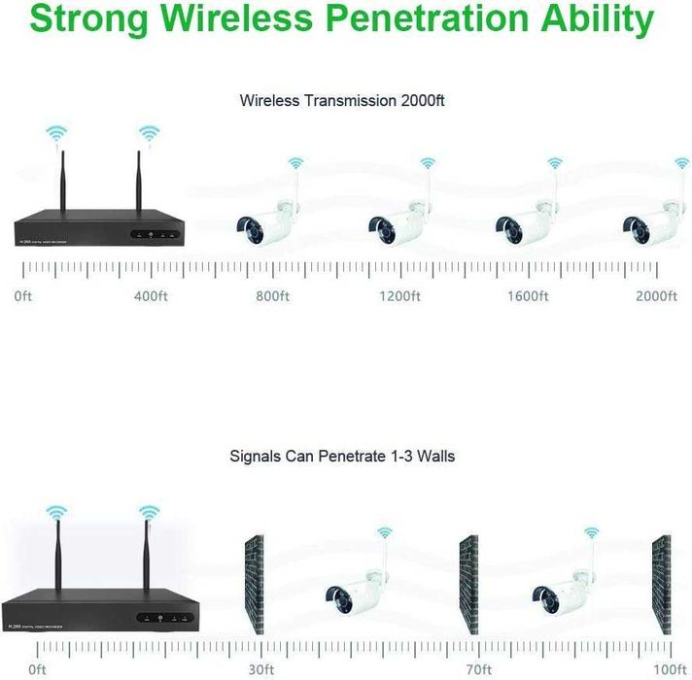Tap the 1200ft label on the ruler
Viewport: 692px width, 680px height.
point(399,295)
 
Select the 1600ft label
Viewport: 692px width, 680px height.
point(528,295)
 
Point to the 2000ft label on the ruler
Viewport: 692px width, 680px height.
point(655,295)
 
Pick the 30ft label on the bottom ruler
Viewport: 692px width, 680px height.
point(259,668)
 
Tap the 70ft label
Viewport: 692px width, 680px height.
point(478,668)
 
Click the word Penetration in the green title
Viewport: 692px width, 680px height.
point(434,18)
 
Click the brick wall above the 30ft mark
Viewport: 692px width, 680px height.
point(254,586)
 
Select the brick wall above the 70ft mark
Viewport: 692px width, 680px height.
point(469,586)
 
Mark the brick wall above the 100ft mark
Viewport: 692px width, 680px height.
point(662,586)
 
